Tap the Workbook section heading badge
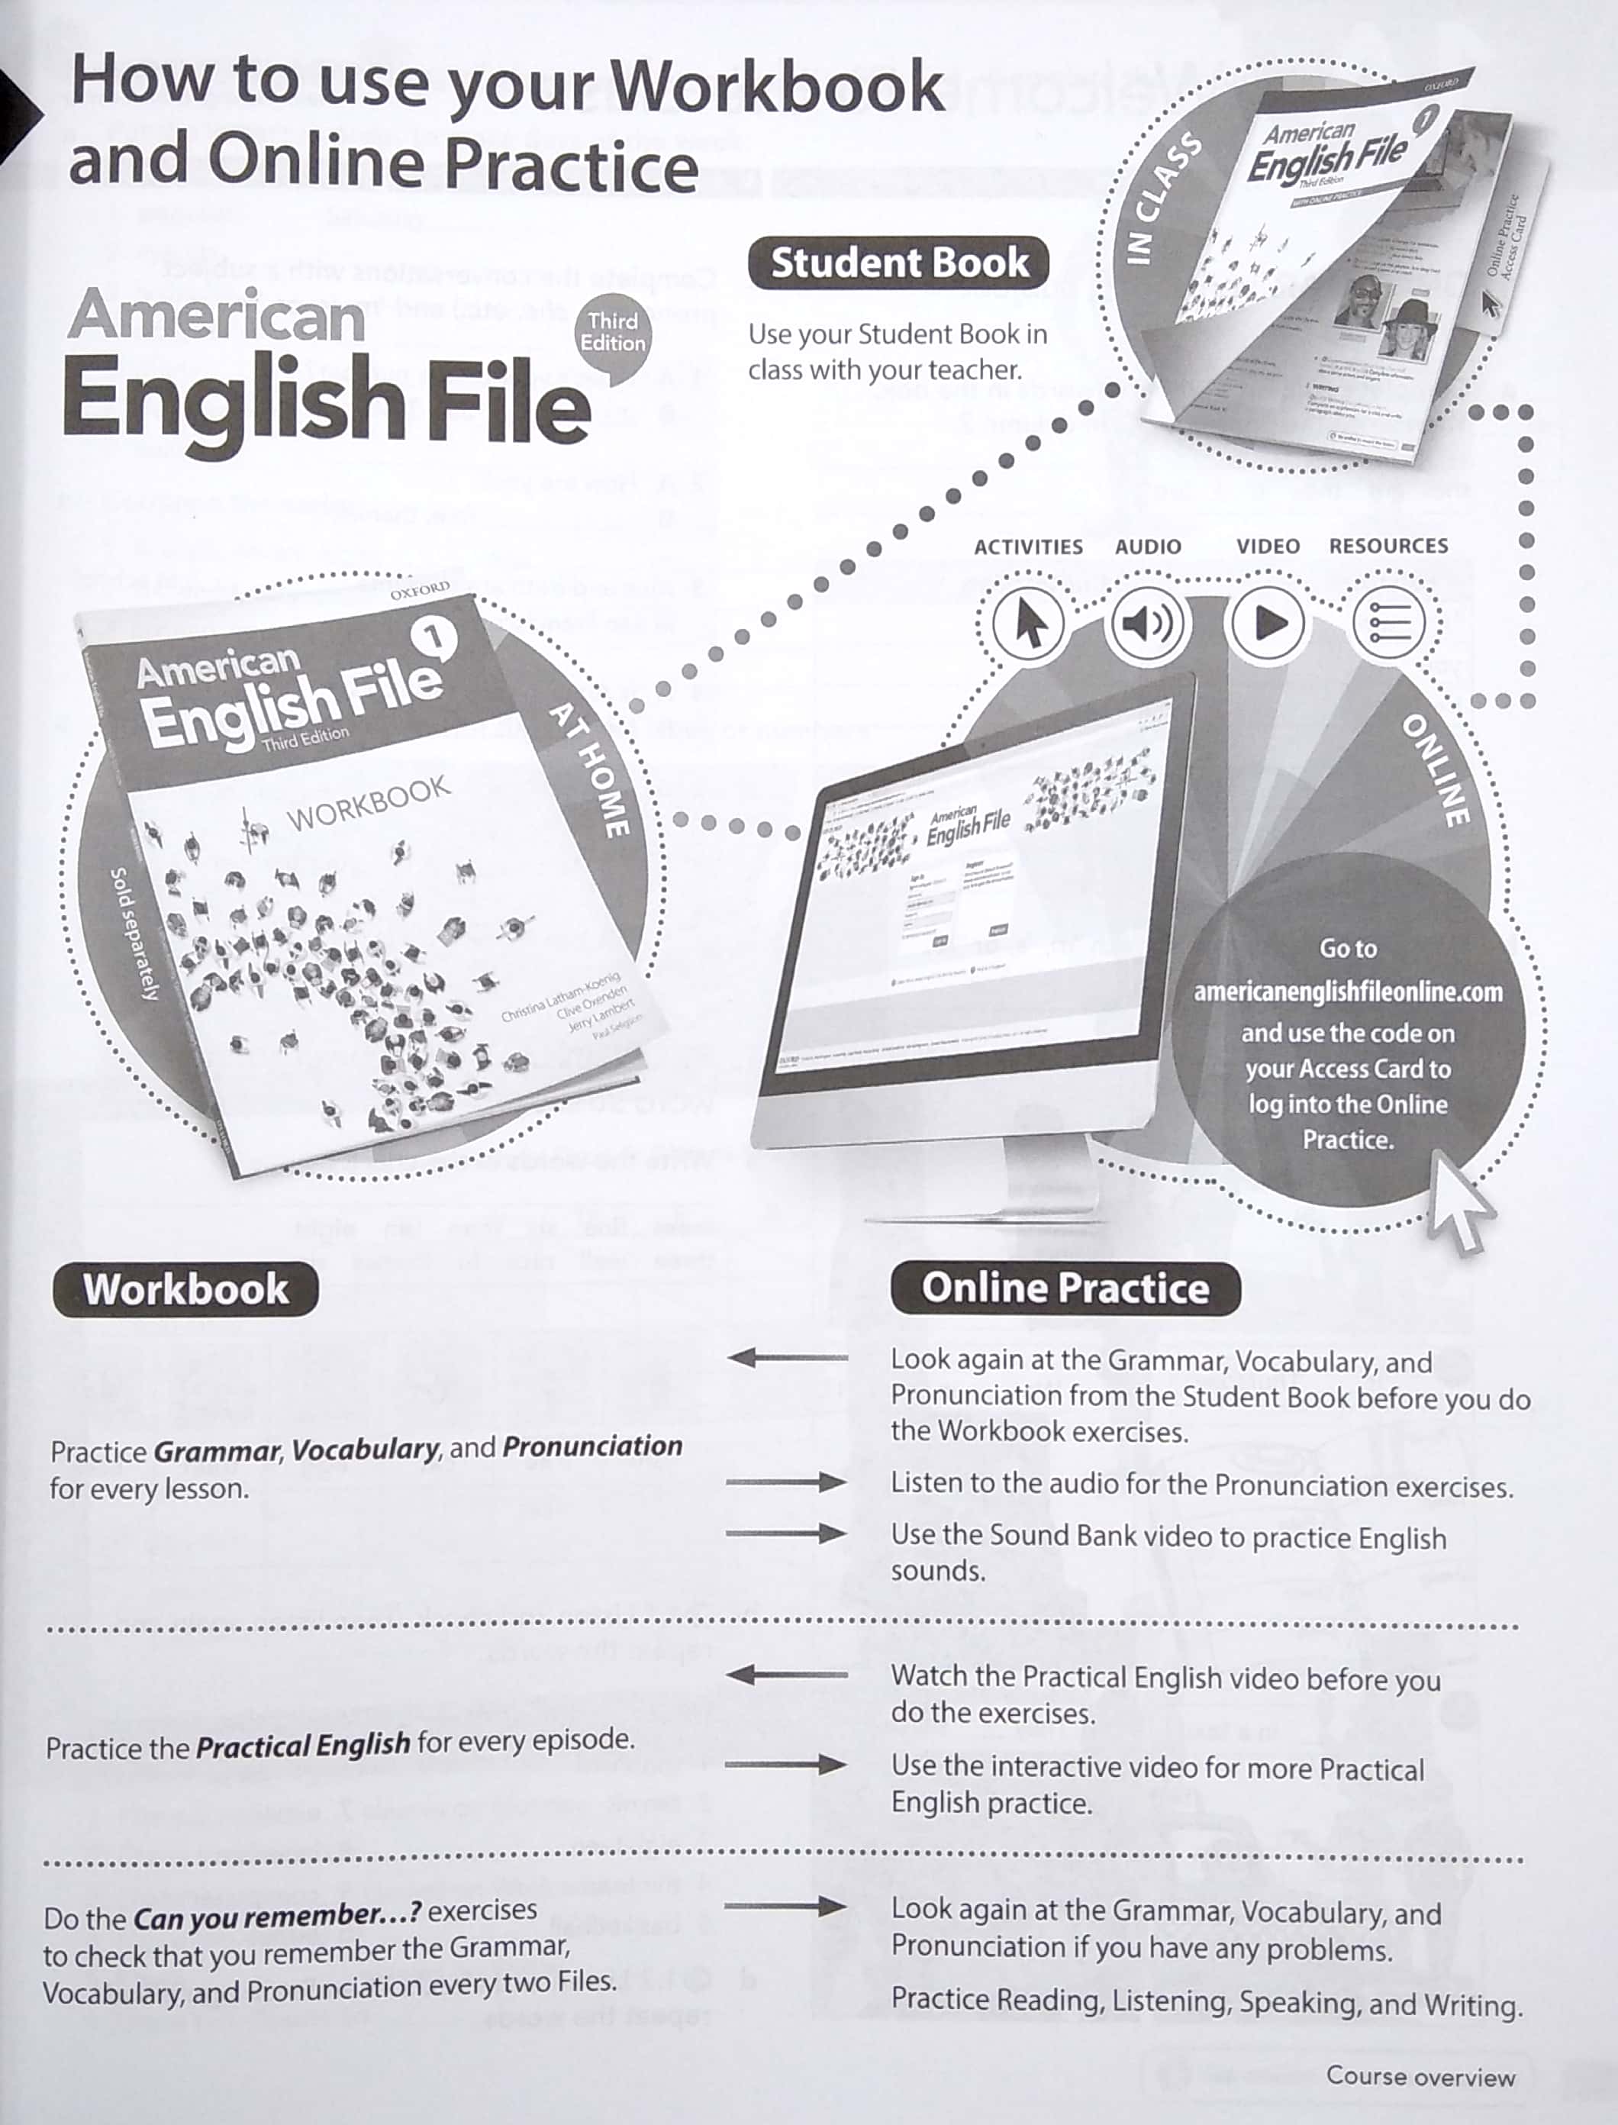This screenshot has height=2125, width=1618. click(186, 1289)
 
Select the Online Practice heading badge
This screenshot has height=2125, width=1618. click(1065, 1288)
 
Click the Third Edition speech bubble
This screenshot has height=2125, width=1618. click(613, 334)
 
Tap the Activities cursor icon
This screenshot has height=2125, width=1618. click(1030, 624)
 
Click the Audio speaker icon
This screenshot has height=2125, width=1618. click(1149, 624)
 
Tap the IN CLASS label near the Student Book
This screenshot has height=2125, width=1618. click(1163, 198)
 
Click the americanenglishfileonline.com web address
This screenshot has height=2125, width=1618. click(1347, 992)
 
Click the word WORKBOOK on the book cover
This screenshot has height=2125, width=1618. click(369, 802)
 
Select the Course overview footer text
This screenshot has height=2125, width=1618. click(1420, 2077)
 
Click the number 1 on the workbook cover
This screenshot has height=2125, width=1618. click(435, 637)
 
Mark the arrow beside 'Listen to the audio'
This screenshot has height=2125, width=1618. click(786, 1482)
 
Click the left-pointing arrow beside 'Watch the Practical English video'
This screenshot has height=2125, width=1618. click(786, 1675)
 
